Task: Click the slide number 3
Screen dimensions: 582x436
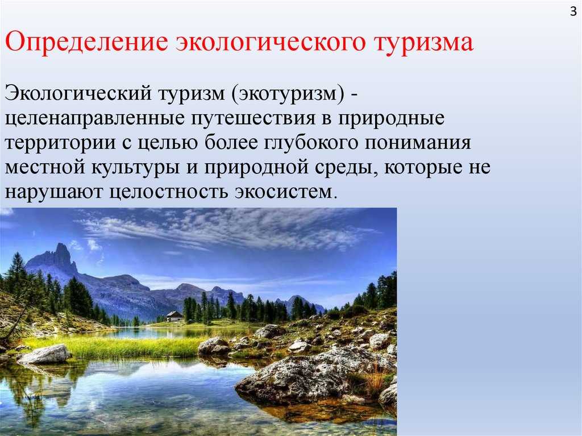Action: click(573, 11)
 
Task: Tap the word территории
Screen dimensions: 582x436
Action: click(61, 144)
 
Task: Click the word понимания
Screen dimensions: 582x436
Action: click(418, 143)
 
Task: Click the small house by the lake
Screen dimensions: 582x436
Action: click(174, 316)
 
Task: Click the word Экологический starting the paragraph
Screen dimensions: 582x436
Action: click(78, 93)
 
